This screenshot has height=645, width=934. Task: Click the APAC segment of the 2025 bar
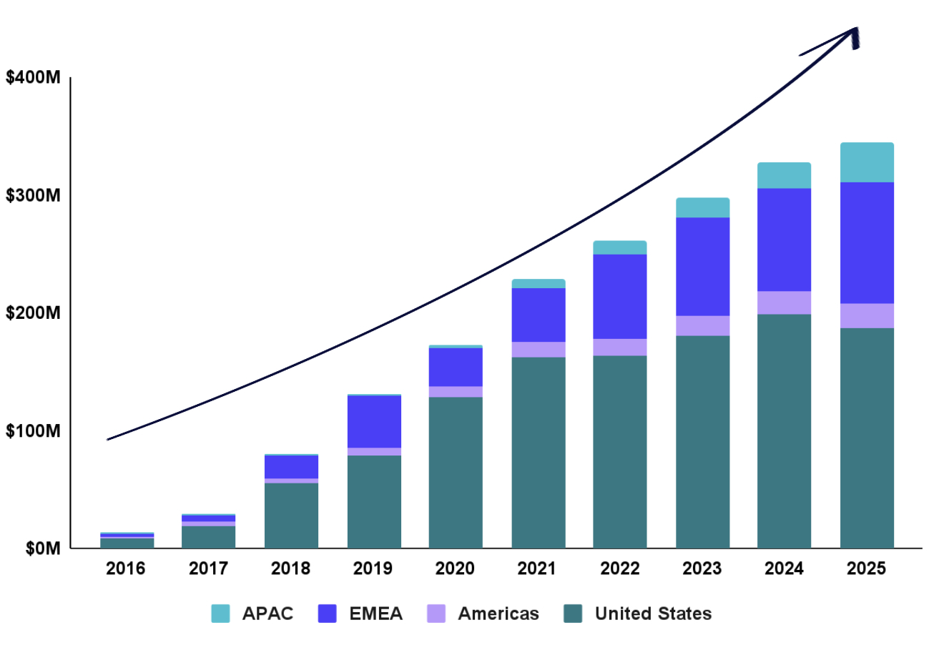click(x=866, y=162)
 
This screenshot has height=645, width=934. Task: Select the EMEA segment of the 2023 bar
click(x=702, y=266)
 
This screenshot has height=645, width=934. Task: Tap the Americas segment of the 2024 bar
click(x=784, y=302)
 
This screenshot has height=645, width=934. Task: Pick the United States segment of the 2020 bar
click(x=456, y=472)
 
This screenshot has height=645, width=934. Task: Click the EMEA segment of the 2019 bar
click(x=374, y=421)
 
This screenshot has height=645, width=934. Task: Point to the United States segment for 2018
click(x=291, y=515)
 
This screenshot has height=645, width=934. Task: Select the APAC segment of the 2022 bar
click(x=619, y=247)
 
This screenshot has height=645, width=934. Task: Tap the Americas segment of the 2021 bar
click(x=538, y=349)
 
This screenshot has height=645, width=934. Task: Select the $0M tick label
click(x=39, y=548)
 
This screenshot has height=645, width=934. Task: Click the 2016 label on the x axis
click(x=126, y=569)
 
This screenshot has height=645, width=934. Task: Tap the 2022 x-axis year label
click(x=619, y=569)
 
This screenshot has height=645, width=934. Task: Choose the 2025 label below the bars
click(x=866, y=569)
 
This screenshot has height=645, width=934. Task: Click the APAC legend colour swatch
click(x=220, y=614)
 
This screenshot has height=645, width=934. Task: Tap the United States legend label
click(x=653, y=614)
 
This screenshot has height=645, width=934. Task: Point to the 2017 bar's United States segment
click(x=208, y=537)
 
